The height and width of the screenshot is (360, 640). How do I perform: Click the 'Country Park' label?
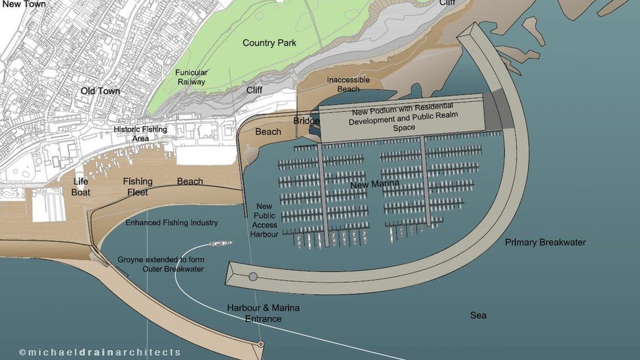[269, 43]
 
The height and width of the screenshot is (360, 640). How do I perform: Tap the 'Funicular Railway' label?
[191, 77]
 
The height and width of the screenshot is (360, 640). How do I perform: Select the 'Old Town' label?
[100, 91]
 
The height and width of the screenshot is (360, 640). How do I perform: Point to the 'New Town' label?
[24, 5]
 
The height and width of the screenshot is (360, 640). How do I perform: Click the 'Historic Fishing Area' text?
[140, 134]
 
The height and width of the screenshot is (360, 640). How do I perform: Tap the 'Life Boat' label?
[81, 187]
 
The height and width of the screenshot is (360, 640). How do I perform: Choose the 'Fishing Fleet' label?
[138, 187]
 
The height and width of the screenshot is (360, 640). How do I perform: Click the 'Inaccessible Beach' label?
[348, 85]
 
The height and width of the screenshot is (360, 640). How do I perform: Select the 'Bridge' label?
[306, 121]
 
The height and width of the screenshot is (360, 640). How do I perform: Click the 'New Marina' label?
[374, 185]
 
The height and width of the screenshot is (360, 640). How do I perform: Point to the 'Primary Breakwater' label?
[546, 243]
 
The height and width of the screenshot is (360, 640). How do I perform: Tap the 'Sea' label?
[478, 315]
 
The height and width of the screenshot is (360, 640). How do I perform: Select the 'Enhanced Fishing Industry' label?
[172, 223]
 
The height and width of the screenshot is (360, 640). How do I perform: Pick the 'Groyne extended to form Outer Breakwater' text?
[161, 264]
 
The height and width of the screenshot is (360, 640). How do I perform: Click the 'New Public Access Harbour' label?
[264, 220]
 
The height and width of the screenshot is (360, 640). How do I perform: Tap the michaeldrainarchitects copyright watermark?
[100, 352]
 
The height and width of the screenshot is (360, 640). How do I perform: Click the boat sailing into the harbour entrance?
[220, 243]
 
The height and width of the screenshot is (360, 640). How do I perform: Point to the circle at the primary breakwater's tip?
[253, 277]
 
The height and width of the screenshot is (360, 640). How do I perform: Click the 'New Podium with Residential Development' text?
[403, 116]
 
